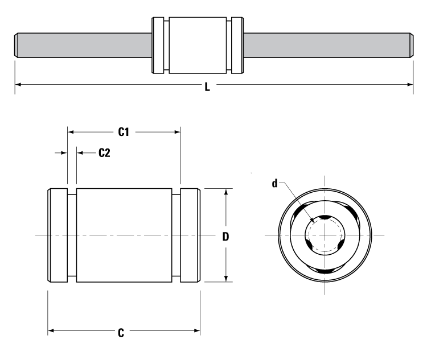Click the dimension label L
pyautogui.click(x=207, y=89)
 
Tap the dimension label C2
pyautogui.click(x=104, y=152)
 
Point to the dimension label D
pyautogui.click(x=225, y=237)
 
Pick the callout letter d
pyautogui.click(x=274, y=183)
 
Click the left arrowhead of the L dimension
pyautogui.click(x=18, y=84)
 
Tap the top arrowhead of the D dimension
pyautogui.click(x=227, y=192)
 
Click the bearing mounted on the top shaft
pyautogui.click(x=198, y=45)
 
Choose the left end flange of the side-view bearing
pyautogui.click(x=57, y=235)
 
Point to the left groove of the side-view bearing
pyautogui.click(x=72, y=235)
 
